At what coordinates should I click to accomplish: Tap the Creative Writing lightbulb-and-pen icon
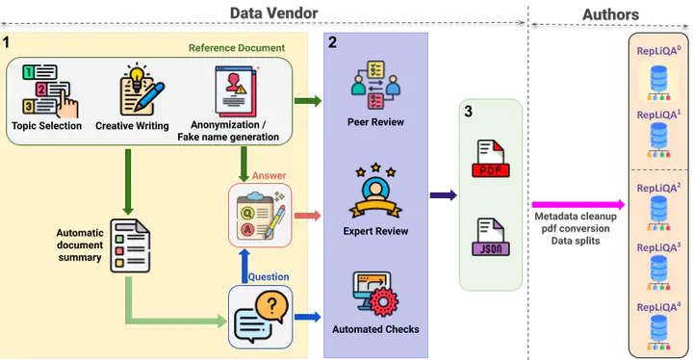point(132,90)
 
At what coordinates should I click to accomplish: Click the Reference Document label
point(236,47)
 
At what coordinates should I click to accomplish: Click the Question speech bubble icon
point(260,316)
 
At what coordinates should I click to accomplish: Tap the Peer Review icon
point(375,87)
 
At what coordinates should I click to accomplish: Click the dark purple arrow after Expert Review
point(443,196)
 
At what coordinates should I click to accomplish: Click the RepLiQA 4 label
point(658,307)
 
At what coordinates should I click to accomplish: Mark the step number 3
point(468,112)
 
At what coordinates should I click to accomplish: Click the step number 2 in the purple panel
point(332,42)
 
